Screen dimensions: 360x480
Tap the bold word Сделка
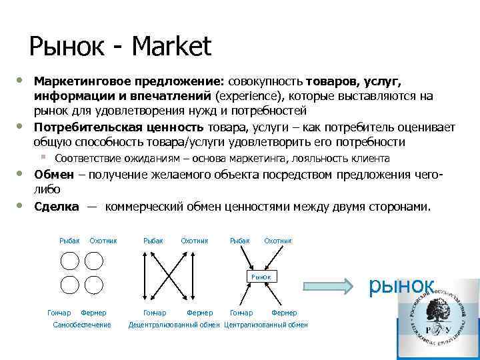click(57, 207)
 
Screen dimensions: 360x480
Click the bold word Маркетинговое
click(83, 81)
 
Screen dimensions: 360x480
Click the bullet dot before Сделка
click(20, 206)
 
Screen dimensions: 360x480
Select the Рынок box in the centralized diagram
click(261, 276)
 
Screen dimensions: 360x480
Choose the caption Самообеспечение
click(82, 325)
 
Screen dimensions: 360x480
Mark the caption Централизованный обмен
click(266, 325)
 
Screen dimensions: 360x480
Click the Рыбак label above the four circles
click(69, 240)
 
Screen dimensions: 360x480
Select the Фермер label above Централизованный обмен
click(284, 312)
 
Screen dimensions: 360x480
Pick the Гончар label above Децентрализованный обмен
click(155, 312)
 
